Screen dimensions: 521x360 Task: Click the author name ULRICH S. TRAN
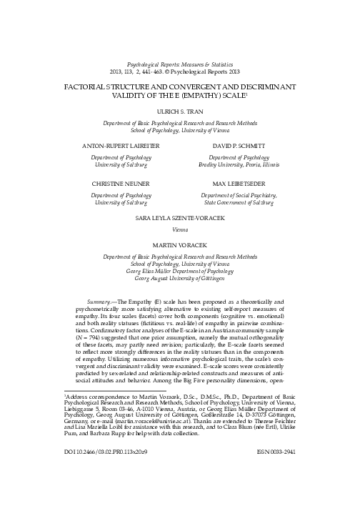point(179,111)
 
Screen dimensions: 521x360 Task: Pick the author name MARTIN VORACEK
point(179,245)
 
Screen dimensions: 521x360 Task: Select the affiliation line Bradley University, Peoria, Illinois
point(239,164)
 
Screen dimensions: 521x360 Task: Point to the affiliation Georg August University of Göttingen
point(179,280)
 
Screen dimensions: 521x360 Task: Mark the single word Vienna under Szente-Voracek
point(179,229)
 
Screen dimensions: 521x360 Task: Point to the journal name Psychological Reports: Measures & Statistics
point(179,64)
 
